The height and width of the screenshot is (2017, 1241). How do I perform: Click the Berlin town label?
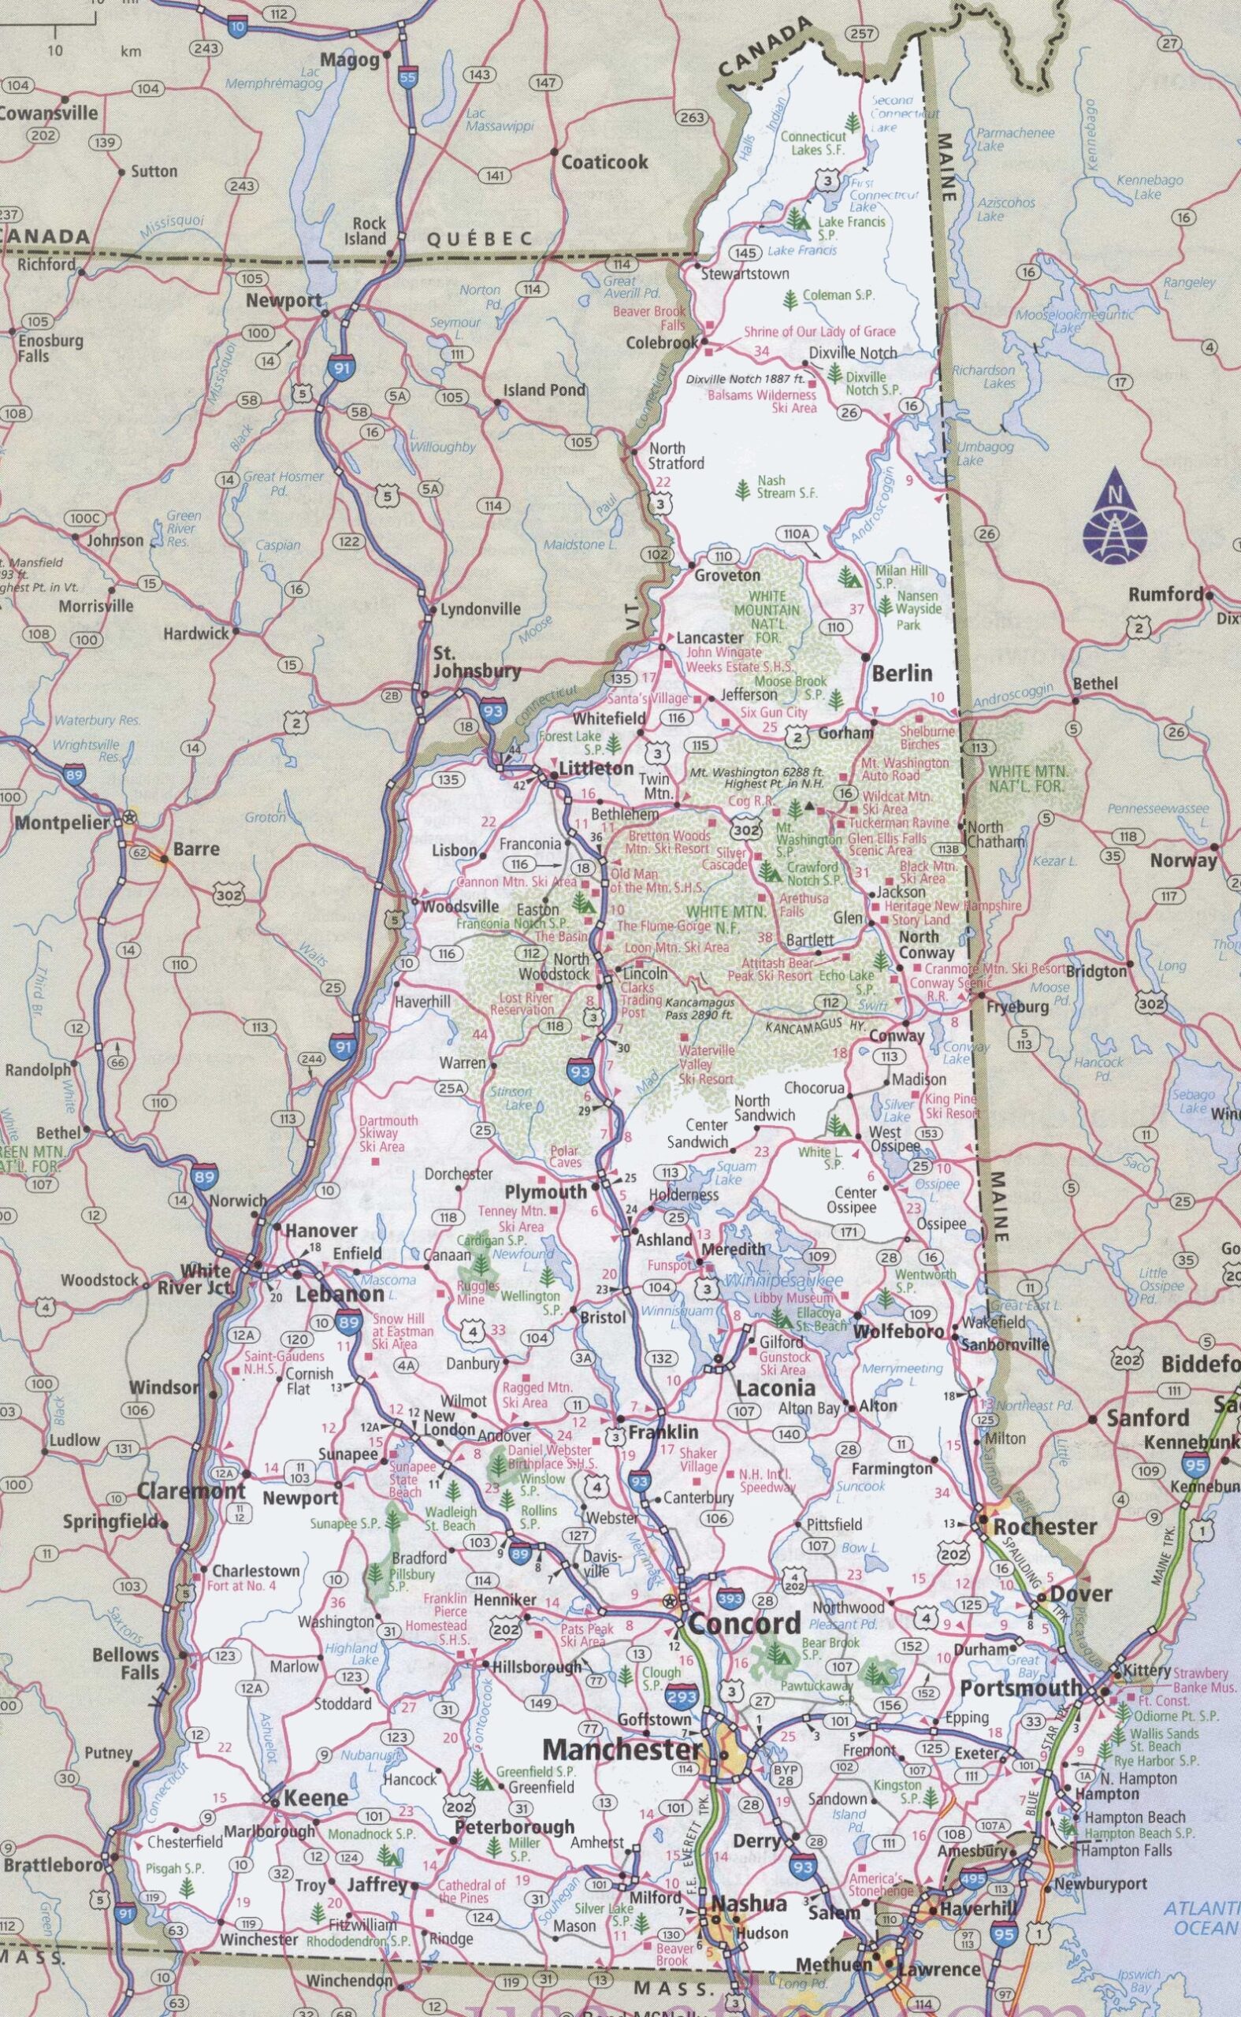coord(902,673)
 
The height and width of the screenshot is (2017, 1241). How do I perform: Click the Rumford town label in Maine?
coord(1167,595)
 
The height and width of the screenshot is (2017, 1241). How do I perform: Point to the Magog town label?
coord(350,60)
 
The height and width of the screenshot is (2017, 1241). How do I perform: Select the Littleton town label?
coord(596,769)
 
